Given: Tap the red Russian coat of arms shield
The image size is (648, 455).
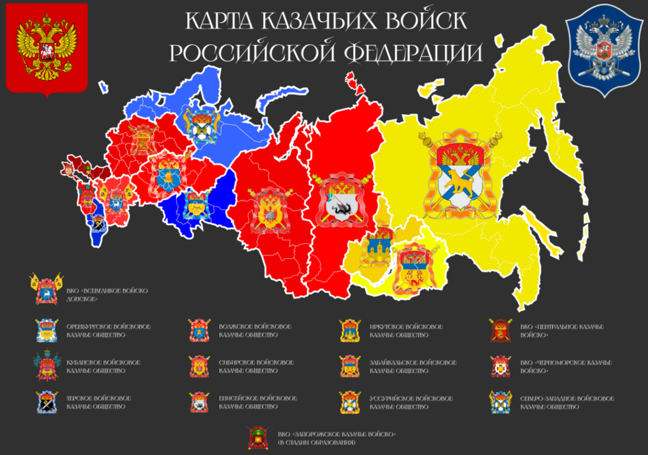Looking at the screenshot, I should pyautogui.click(x=46, y=48).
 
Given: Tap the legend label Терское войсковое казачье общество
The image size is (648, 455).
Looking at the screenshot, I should pyautogui.click(x=99, y=402).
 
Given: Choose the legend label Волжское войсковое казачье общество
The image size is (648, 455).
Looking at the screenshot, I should pyautogui.click(x=255, y=331).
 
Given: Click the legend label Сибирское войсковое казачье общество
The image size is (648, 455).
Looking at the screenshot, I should pyautogui.click(x=255, y=367).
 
